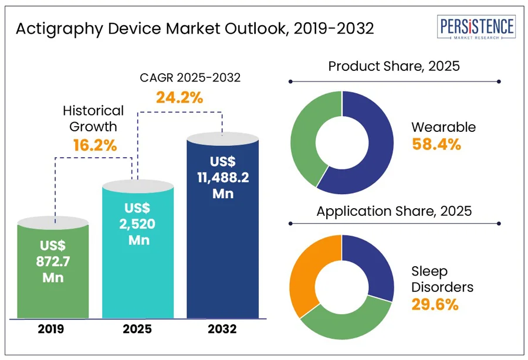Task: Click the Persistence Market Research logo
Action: (x=476, y=28)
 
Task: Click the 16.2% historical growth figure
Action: (x=94, y=145)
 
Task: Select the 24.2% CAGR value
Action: (x=180, y=97)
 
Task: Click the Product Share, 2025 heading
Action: (x=394, y=66)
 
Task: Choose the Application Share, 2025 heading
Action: (x=394, y=210)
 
